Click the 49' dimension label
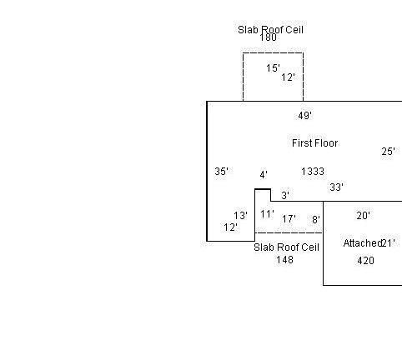(304, 115)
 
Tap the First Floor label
(315, 143)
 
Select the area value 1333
(313, 172)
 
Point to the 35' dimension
(221, 172)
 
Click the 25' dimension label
(388, 152)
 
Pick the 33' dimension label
(336, 187)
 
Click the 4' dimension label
(264, 175)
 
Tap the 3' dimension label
(285, 196)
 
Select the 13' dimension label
(240, 216)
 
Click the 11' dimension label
(267, 214)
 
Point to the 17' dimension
(289, 219)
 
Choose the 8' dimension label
(316, 220)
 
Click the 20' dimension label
(364, 216)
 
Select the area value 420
(365, 261)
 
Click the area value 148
(284, 260)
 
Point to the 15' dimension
(273, 68)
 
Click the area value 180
(268, 37)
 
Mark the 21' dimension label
(388, 243)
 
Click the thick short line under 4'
(263, 189)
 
